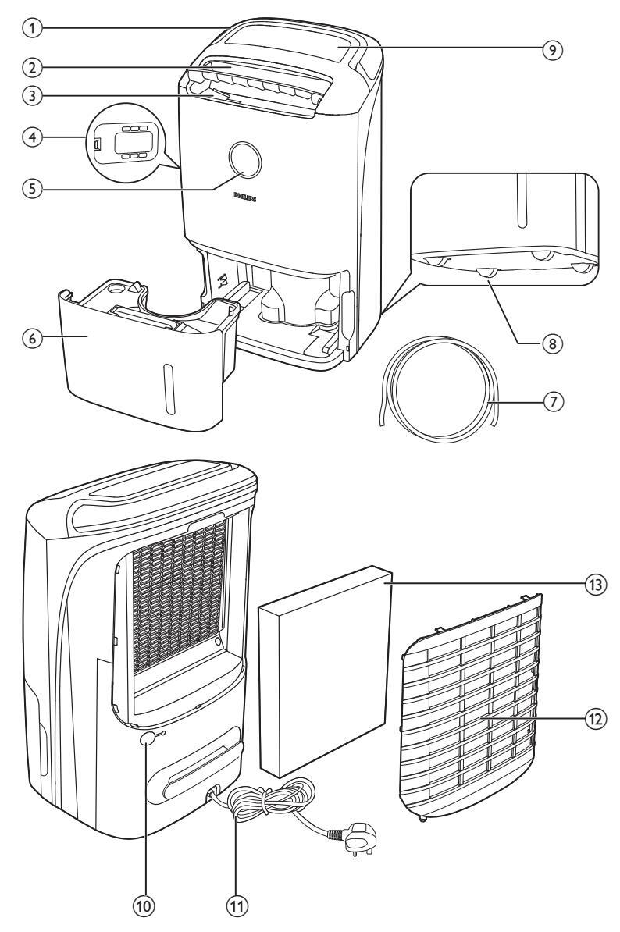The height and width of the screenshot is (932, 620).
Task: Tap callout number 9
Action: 554,48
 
